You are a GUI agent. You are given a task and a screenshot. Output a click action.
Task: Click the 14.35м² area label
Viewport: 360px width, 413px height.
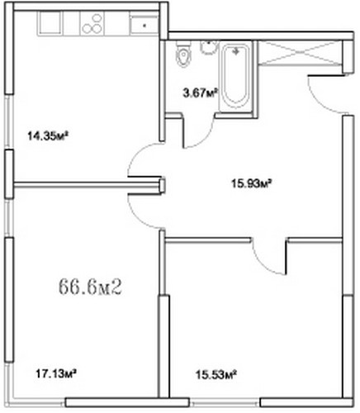coord(48,135)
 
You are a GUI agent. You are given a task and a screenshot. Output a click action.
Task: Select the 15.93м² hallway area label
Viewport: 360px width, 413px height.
coord(252,183)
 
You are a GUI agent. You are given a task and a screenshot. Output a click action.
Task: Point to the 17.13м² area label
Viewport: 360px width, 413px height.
coord(56,373)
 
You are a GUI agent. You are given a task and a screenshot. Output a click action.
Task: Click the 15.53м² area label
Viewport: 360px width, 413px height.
coord(216,374)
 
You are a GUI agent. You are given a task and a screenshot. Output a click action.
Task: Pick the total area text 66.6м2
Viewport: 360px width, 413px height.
coord(90,287)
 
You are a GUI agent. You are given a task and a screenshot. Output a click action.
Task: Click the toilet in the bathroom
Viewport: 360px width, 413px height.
coord(183,55)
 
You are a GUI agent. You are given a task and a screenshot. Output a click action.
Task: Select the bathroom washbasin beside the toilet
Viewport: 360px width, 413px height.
coord(208,47)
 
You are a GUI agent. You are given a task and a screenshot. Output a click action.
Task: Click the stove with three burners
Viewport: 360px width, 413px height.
coord(92,23)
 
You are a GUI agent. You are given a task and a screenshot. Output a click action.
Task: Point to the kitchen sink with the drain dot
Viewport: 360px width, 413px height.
coord(144,24)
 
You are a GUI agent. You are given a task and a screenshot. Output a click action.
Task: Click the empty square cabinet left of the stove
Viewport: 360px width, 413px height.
coord(50,23)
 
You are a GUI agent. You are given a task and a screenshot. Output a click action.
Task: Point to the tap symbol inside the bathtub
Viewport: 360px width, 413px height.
coord(235,51)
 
